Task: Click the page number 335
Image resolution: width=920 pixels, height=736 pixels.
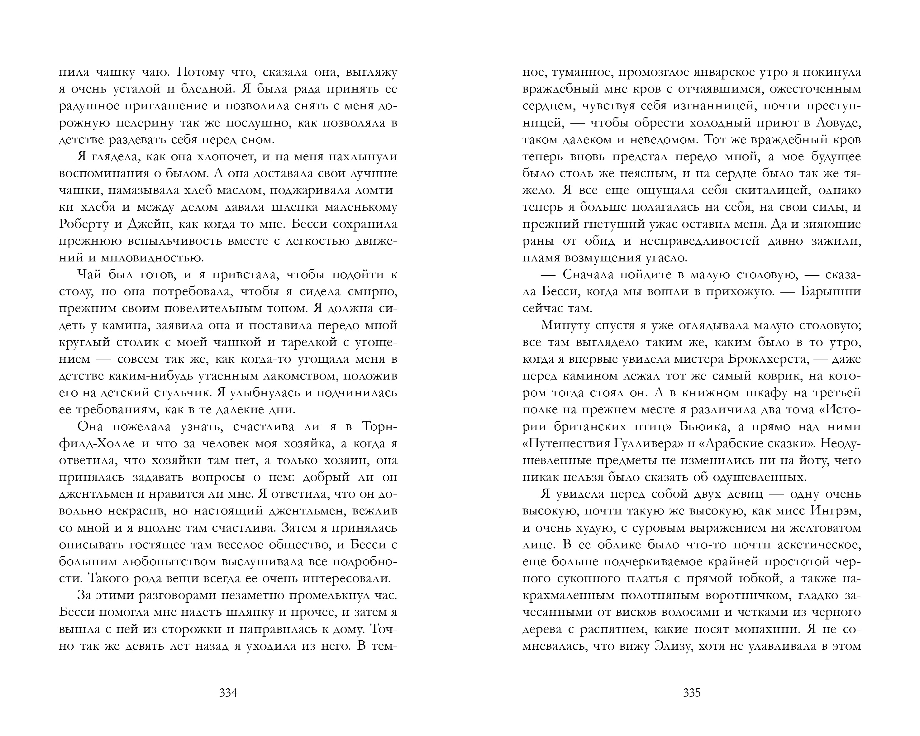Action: click(692, 693)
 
